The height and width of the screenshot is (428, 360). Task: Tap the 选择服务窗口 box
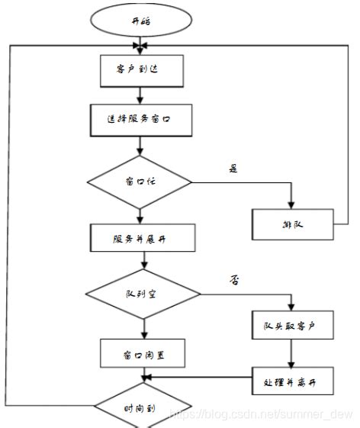click(x=139, y=119)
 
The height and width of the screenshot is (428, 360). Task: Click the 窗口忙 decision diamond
click(x=140, y=183)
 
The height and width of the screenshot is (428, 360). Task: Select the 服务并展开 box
click(x=139, y=237)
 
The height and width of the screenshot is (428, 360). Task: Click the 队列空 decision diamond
click(x=142, y=294)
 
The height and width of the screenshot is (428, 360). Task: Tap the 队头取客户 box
click(x=293, y=327)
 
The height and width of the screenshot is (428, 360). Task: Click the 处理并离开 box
click(x=293, y=379)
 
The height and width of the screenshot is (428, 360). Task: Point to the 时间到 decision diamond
click(x=142, y=407)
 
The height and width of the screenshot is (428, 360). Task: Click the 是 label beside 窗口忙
click(x=233, y=169)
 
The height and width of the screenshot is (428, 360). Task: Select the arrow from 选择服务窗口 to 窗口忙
click(x=139, y=146)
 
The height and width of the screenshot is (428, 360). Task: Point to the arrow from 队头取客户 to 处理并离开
click(x=290, y=353)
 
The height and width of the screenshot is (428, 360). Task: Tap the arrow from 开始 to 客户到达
click(x=139, y=45)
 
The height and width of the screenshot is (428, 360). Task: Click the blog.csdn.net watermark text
click(x=261, y=414)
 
